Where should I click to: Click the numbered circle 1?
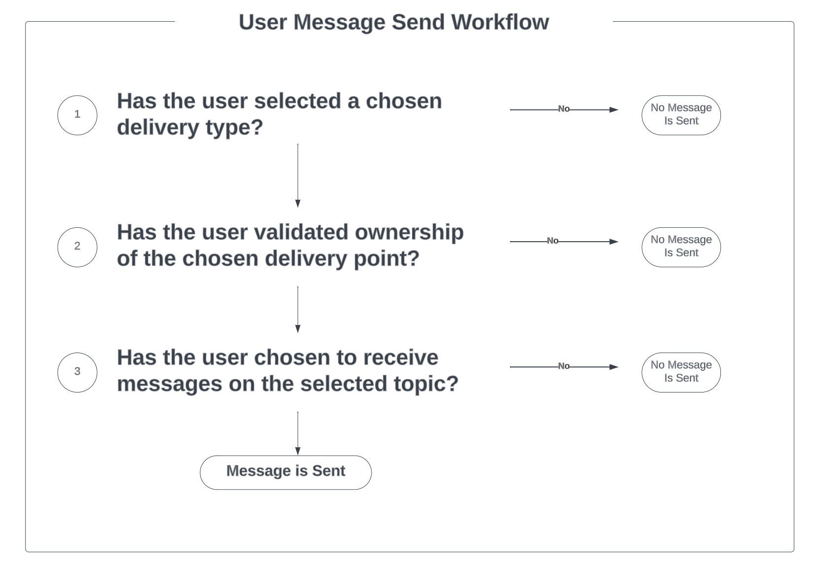[x=77, y=115]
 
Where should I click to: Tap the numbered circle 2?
[x=77, y=247]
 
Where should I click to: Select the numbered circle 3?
[x=77, y=372]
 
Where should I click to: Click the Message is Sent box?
[x=285, y=472]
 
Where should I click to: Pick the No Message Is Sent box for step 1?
[x=680, y=115]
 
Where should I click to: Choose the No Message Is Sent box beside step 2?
[x=680, y=247]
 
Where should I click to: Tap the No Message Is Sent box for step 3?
[x=680, y=372]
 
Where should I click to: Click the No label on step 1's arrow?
[x=563, y=109]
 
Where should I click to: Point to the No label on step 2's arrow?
[x=552, y=241]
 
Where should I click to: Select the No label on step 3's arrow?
[x=563, y=366]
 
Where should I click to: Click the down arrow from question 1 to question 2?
[x=298, y=175]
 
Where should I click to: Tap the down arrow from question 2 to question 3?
[x=298, y=309]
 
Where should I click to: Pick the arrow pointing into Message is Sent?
[x=298, y=433]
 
